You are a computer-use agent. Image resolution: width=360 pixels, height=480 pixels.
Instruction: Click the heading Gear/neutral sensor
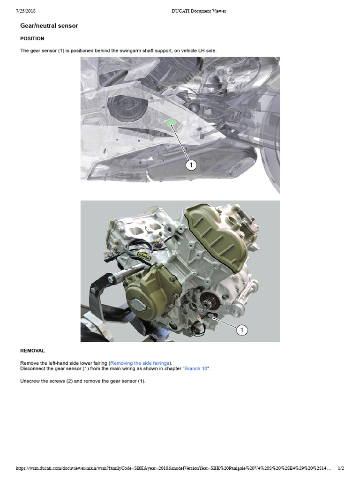point(49,26)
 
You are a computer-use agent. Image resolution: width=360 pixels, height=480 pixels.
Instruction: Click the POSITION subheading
point(32,38)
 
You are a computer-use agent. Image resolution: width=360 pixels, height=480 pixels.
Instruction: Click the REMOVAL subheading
point(32,350)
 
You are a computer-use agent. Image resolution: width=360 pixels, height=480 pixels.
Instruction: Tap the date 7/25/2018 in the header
point(26,11)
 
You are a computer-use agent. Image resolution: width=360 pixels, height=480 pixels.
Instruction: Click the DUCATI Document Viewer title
point(199,11)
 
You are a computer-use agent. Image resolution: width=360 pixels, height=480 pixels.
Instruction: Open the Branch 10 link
point(196,368)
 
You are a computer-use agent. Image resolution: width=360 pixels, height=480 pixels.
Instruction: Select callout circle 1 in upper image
point(191,165)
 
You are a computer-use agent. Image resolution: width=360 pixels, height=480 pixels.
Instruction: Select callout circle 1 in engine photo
point(242,330)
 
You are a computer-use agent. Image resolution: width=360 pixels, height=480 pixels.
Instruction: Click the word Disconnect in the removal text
point(33,368)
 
